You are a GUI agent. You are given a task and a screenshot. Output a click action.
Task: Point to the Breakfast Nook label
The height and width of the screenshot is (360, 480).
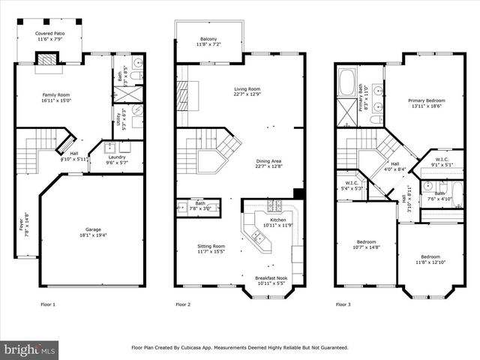[271, 279]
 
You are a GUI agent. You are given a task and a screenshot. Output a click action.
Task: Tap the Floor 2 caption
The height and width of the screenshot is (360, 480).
[183, 304]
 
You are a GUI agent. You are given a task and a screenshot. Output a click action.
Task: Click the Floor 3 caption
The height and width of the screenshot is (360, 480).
[343, 304]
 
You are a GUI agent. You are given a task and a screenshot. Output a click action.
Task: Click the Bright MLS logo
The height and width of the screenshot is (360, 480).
[30, 349]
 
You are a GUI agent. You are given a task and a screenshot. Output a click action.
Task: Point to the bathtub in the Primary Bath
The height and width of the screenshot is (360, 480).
[346, 82]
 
